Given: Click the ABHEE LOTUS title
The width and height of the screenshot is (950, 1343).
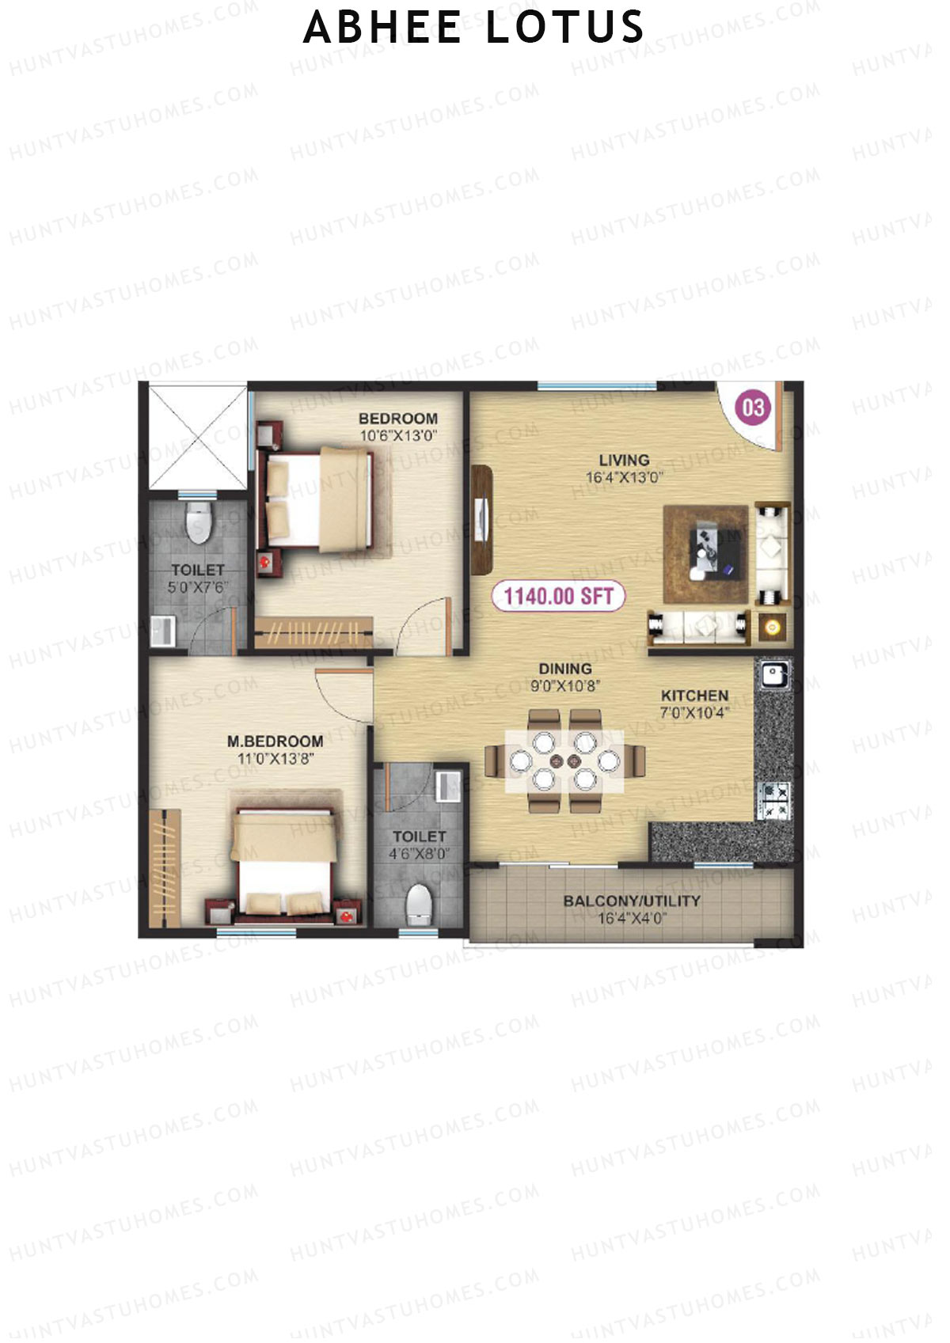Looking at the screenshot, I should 473,28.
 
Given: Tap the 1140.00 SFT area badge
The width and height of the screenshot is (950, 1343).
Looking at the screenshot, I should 558,596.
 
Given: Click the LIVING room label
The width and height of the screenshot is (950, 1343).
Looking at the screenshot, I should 624,460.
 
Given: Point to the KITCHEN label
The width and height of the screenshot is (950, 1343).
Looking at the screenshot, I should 694,696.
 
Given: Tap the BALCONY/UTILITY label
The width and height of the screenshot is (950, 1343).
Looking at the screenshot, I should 631,901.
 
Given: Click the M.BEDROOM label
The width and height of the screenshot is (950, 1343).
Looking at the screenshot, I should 275,742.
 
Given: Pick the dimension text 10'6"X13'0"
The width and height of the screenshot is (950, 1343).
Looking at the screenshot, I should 398,435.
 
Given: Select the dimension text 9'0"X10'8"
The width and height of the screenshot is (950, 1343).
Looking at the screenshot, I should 565,686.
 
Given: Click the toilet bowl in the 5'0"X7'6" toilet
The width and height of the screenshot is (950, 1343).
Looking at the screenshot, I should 198,523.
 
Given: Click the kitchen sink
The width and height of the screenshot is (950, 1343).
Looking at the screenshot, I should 772,675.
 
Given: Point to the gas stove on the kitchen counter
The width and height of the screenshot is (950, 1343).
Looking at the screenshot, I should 773,799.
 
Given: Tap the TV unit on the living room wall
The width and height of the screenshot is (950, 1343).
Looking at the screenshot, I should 481,518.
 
